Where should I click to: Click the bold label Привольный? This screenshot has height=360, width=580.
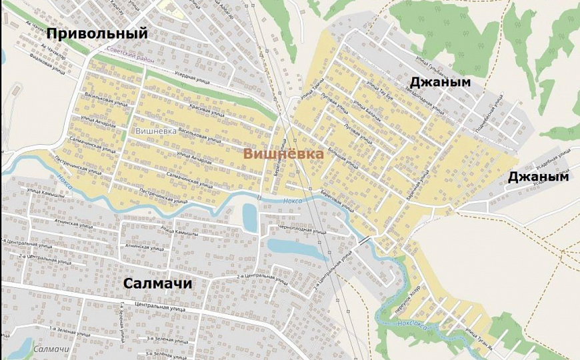click(97, 33)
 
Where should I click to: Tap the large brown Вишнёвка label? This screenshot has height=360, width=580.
click(283, 154)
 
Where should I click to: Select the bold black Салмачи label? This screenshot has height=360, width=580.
click(158, 283)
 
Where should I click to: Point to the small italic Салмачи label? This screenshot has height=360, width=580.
click(51, 349)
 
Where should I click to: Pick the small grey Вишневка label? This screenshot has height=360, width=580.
click(156, 131)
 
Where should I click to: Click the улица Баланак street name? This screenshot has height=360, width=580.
click(367, 109)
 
